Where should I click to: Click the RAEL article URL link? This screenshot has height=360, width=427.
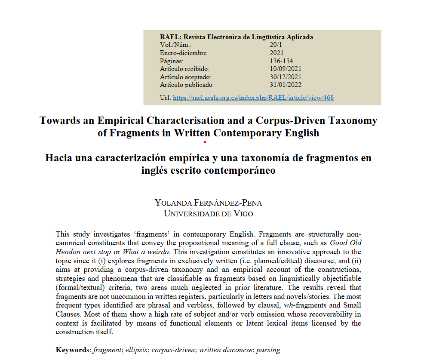click(x=253, y=98)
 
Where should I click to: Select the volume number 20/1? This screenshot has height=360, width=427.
click(x=276, y=45)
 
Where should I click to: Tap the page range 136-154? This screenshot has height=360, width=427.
click(x=281, y=61)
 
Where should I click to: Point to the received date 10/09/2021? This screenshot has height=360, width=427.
click(x=286, y=69)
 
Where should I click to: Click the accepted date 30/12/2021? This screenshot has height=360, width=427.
click(x=286, y=77)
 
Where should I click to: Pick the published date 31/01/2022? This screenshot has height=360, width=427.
click(x=286, y=85)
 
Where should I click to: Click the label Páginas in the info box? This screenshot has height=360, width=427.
click(x=171, y=61)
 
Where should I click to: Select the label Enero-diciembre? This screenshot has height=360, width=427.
click(x=183, y=53)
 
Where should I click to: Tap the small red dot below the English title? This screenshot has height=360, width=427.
click(x=205, y=142)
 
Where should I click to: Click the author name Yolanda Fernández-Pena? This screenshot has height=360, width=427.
click(x=208, y=203)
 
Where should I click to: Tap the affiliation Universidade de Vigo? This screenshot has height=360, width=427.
click(x=208, y=213)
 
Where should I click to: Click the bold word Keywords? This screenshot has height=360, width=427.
click(x=74, y=350)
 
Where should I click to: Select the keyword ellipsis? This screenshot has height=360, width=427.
click(x=136, y=350)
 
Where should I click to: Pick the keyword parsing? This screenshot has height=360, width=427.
click(x=268, y=350)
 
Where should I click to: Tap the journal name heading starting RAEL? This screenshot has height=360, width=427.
click(x=236, y=37)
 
